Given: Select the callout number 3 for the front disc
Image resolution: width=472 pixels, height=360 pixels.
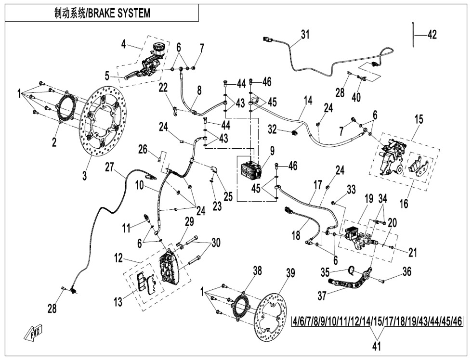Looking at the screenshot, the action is click(85, 175).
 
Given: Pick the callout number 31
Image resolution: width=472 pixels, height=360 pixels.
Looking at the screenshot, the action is click(305, 35).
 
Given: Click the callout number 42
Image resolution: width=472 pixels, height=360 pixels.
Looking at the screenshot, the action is click(432, 35).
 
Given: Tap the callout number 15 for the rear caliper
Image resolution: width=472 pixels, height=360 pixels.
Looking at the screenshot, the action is click(419, 119).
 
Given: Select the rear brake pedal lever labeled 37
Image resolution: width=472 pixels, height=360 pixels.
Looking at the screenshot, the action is click(349, 280).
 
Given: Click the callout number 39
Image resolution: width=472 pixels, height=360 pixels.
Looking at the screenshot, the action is click(290, 273).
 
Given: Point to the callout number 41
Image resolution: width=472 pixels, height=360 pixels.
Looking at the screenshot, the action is click(377, 346).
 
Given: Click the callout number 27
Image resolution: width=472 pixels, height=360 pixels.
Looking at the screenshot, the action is click(110, 167).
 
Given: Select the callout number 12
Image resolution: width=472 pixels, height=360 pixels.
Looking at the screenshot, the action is click(118, 258).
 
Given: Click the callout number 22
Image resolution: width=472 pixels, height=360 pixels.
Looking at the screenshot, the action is click(163, 88).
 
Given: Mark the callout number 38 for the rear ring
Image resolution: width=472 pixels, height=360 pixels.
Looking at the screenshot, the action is click(257, 271).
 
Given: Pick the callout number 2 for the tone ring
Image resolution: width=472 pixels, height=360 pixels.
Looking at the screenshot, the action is click(54, 142).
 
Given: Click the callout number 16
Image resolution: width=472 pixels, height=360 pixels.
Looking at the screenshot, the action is click(404, 204).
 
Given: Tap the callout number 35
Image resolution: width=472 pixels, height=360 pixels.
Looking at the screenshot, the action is click(325, 272).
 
